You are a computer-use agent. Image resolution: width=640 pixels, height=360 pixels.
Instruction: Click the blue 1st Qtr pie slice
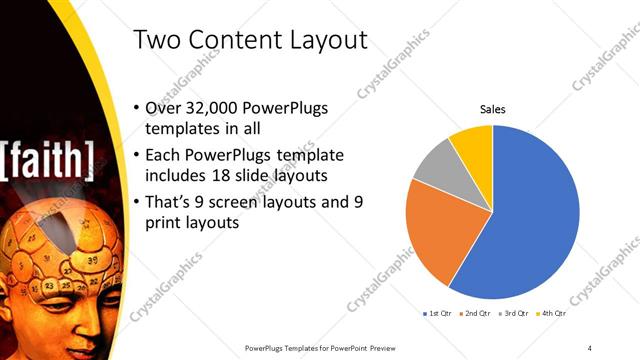[530, 220]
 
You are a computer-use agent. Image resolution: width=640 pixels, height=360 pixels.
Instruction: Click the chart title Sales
[492, 109]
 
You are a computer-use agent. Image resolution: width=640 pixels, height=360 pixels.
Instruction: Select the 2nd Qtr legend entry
[476, 314]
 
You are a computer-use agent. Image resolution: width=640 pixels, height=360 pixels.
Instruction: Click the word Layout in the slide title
[322, 41]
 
